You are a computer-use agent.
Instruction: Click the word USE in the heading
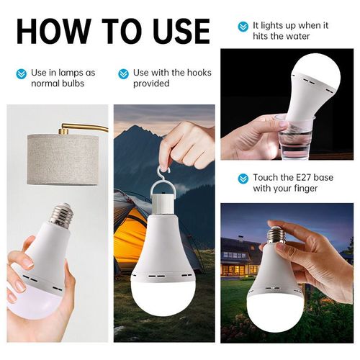click(176, 31)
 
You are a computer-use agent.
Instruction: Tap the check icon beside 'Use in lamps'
click(21, 73)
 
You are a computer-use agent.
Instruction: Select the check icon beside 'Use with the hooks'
click(123, 73)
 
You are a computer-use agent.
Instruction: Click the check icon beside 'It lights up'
click(243, 26)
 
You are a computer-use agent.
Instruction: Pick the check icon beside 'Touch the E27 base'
click(243, 178)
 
